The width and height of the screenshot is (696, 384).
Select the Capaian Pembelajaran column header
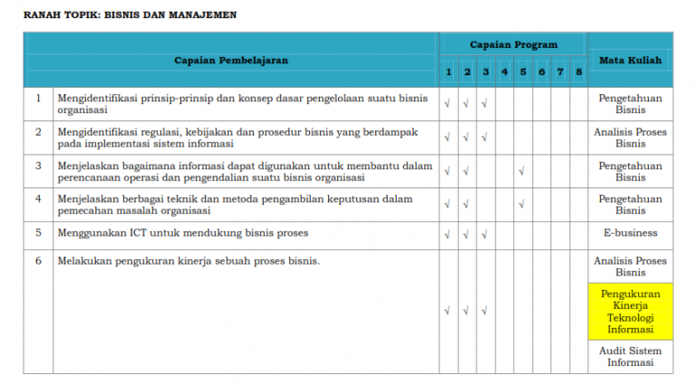231,61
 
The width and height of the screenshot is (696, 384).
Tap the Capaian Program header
513,44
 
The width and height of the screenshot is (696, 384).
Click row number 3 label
38,166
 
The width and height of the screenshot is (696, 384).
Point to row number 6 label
38,261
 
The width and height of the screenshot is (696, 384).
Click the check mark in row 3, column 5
523,170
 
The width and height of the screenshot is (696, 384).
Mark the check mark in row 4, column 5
523,204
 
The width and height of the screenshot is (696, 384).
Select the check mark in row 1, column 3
485,102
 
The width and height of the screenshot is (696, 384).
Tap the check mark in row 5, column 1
448,235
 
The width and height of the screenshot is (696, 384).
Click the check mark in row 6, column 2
466,311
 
